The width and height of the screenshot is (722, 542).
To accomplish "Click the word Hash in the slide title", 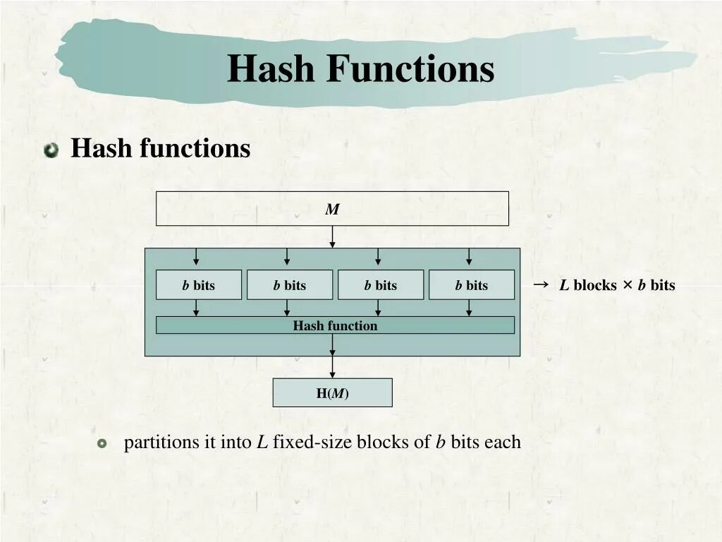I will (x=271, y=69).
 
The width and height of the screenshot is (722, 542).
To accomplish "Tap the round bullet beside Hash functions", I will (x=51, y=150).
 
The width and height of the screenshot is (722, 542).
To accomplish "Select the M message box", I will (x=332, y=209).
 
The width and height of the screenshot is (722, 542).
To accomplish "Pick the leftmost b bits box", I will (x=198, y=285).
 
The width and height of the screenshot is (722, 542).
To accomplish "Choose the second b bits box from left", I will (x=289, y=285).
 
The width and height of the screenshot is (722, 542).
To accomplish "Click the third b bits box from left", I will (x=380, y=285).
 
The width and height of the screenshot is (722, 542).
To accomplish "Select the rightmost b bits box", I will (x=471, y=285).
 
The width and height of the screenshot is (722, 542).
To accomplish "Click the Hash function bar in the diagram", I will (x=335, y=325).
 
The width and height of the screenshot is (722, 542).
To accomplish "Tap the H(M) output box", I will (x=332, y=393).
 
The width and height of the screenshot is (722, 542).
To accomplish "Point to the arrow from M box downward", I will (x=332, y=236).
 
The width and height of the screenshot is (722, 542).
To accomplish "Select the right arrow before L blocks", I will (x=541, y=284).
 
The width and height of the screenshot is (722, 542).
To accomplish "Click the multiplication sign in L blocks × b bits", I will (x=627, y=285).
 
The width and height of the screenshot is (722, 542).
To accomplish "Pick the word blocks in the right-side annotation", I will (x=595, y=285).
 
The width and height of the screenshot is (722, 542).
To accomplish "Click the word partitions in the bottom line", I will (x=161, y=442).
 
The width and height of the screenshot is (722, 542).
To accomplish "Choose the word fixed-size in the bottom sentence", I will (x=312, y=442).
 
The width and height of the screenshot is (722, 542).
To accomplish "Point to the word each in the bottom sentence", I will (x=502, y=442).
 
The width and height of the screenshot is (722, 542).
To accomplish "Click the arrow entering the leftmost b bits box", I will (x=197, y=258).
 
